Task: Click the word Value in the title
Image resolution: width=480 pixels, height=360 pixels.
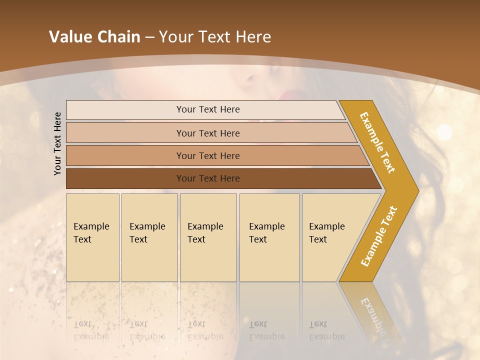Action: point(70,37)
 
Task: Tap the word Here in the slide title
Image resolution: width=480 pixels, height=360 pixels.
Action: point(253,37)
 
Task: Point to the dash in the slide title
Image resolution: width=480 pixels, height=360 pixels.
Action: point(149,37)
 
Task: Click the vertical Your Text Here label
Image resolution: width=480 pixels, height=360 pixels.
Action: point(57,143)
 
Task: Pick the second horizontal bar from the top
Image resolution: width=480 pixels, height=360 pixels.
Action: point(207,133)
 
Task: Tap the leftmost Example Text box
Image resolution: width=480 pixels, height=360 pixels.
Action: point(92,237)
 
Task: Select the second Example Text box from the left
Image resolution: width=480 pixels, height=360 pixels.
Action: point(149,237)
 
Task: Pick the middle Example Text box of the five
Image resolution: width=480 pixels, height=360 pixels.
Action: point(208,237)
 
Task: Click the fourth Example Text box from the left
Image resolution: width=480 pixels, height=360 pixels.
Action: point(269,237)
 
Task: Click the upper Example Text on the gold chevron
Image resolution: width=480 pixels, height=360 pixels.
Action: point(377,142)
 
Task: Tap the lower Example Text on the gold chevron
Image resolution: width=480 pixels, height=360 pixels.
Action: point(379,236)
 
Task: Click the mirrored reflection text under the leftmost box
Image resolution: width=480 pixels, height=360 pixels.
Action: point(91,330)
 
